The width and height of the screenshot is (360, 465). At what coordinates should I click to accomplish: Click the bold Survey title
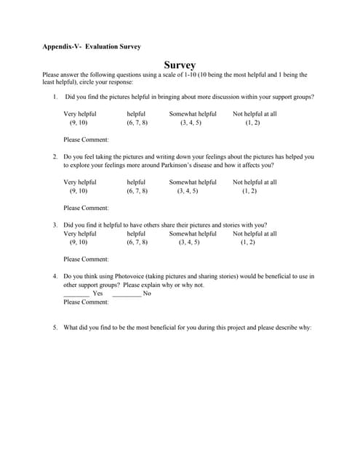(179, 65)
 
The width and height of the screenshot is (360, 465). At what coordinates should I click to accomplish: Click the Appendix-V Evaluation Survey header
(92, 46)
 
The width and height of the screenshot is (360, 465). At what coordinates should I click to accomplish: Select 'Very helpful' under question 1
(79, 114)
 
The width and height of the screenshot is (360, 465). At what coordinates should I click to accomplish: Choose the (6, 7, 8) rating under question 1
(137, 123)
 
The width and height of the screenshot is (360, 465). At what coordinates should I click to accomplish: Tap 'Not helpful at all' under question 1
(255, 114)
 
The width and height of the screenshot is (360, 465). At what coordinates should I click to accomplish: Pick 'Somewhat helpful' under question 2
(193, 182)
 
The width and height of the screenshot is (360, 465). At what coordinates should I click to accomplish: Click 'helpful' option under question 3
(136, 234)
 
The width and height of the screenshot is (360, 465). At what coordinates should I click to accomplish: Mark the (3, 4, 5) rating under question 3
(189, 243)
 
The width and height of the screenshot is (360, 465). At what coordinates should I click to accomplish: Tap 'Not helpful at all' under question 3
(255, 234)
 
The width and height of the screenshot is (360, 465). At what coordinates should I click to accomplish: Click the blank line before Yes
(76, 294)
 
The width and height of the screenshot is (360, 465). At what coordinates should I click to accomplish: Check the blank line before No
(127, 294)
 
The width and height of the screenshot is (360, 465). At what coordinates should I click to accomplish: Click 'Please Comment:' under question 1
(86, 139)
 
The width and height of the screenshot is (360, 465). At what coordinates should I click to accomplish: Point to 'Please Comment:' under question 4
(86, 302)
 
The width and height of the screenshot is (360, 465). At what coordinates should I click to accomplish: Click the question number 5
(55, 328)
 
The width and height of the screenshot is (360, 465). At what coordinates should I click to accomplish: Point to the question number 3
(55, 225)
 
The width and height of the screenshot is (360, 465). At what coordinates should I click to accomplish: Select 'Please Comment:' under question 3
(86, 259)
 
